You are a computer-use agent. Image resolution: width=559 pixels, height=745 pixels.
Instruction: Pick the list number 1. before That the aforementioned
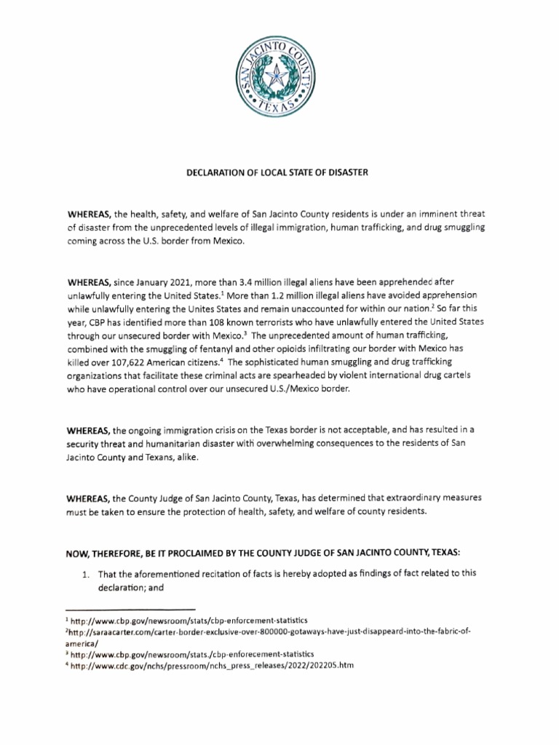[x=85, y=574]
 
